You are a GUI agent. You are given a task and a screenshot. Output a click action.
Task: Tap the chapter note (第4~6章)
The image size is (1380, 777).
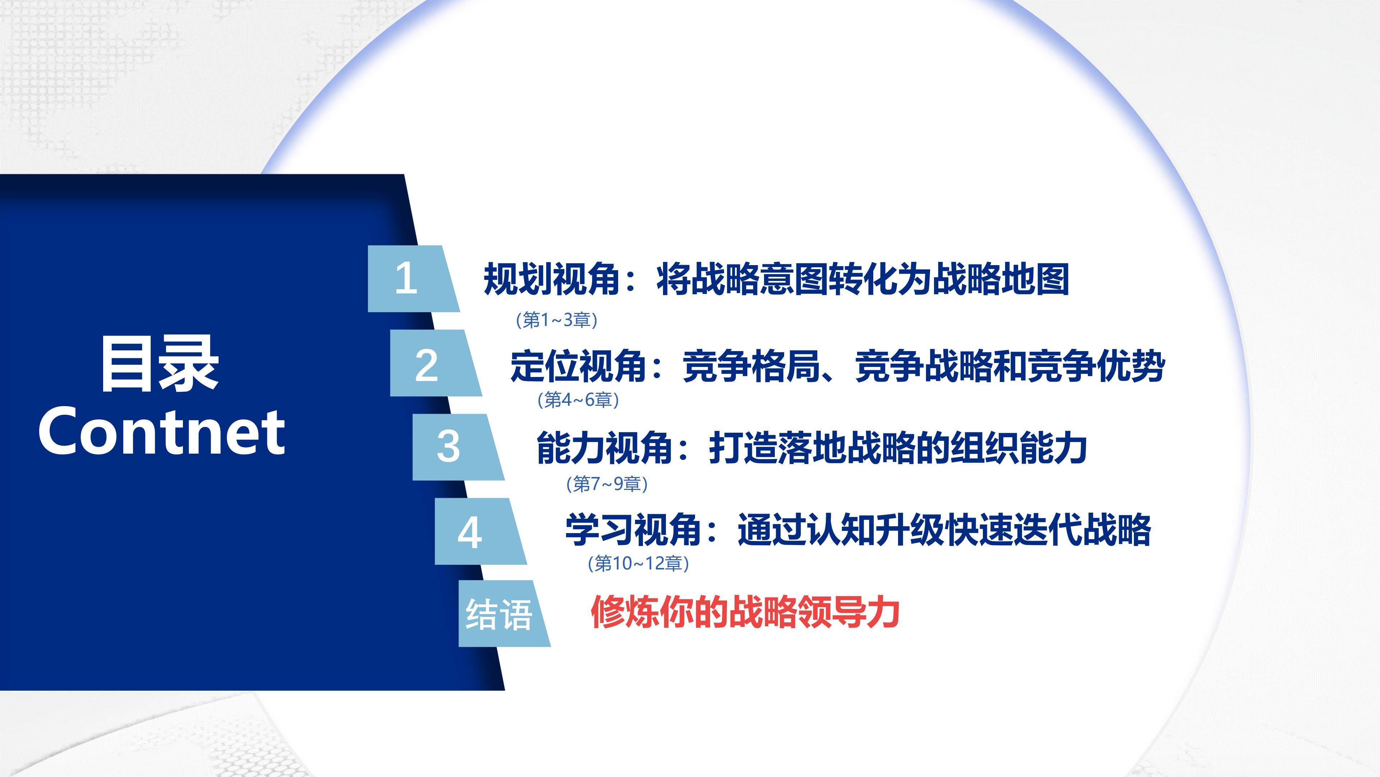coord(578,400)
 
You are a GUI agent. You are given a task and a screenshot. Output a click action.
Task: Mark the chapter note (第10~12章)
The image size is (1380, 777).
coord(638,563)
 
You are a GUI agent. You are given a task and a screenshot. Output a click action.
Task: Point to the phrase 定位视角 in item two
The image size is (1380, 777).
coord(579,366)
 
